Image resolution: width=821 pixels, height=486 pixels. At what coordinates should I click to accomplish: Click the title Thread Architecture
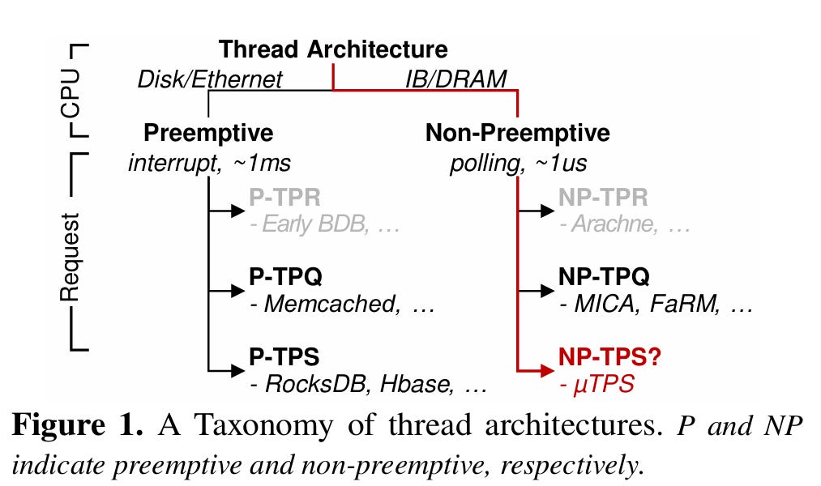point(333,49)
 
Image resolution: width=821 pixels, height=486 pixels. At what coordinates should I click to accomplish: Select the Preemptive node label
point(208,133)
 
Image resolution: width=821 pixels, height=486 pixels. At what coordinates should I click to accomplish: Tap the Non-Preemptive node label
point(517,133)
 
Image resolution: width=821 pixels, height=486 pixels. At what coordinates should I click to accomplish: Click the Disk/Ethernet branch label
point(209,79)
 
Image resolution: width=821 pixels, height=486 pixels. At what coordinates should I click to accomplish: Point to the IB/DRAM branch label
point(455,79)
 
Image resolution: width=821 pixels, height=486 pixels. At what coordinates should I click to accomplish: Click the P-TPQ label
point(285,276)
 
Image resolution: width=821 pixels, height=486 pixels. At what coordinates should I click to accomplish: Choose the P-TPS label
point(284,357)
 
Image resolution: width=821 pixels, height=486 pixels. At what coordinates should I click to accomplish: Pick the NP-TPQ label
point(604,276)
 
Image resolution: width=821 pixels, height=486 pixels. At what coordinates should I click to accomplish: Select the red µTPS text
point(600,385)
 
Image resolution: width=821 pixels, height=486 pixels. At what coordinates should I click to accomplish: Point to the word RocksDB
point(307,386)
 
